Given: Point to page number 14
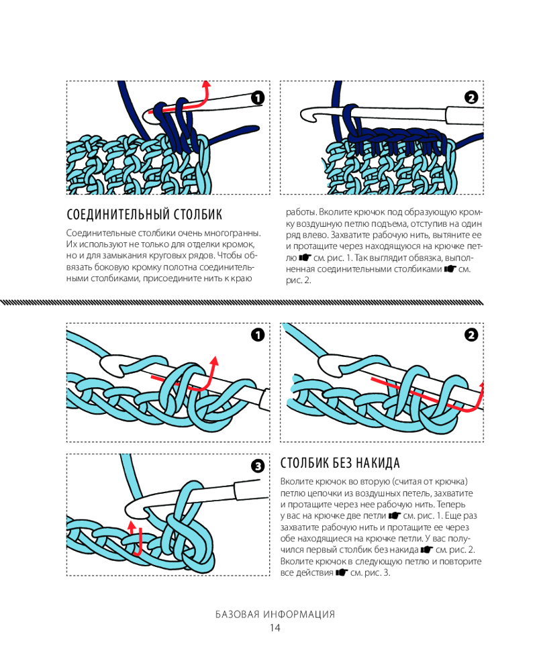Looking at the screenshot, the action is [x=275, y=628].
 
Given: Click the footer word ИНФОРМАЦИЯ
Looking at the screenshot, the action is [x=299, y=615].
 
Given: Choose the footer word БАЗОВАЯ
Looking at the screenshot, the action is [x=237, y=615].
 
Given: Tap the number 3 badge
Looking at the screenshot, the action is [x=258, y=466].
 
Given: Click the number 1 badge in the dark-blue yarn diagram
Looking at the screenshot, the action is [x=257, y=98].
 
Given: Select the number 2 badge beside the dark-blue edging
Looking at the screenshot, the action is [x=471, y=98].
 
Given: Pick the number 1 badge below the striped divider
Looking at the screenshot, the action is [x=258, y=335].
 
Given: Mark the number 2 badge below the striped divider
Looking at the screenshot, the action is [x=471, y=335].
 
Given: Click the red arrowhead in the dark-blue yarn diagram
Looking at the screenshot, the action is [x=206, y=83].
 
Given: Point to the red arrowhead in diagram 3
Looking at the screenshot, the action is [x=132, y=525].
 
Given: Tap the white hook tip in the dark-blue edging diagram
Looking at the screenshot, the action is [x=305, y=115].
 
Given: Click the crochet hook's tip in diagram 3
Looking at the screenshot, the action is [x=128, y=509].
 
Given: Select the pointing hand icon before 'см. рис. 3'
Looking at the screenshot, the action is [x=341, y=572].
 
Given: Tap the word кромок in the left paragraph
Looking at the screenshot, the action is [x=241, y=244].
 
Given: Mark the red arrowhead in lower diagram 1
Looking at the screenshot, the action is [x=214, y=360].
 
